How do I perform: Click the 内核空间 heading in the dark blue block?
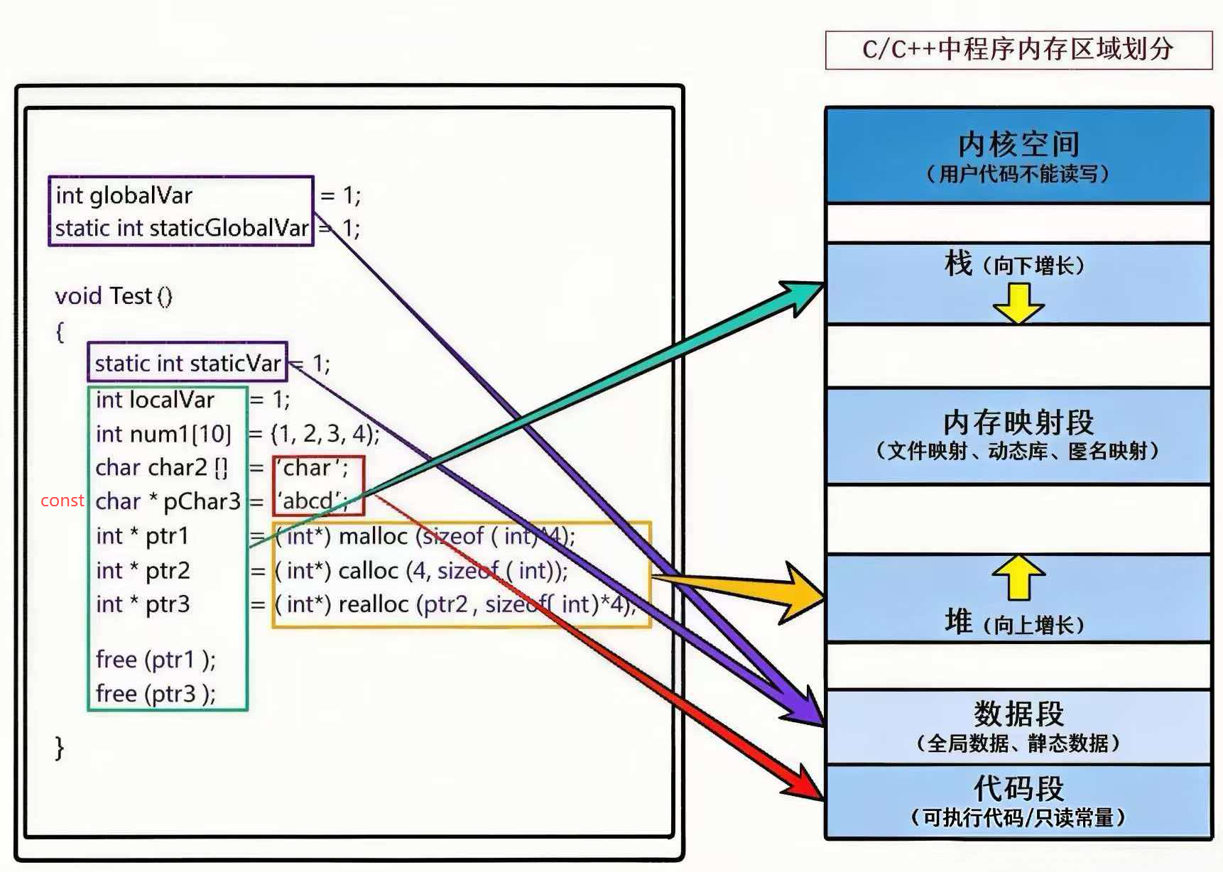pos(1018,144)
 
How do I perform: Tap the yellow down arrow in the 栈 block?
pos(1018,303)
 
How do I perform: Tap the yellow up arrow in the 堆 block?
pos(1018,576)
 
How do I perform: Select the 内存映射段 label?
pos(1018,423)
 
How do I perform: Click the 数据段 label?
pos(1018,713)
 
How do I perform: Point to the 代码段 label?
pos(1018,788)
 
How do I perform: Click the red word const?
pos(62,501)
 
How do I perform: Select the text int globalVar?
pos(124,195)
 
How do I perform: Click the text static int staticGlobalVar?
pos(182,228)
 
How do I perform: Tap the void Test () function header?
pos(114,295)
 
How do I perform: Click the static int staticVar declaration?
pos(187,364)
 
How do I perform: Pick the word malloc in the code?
pos(373,536)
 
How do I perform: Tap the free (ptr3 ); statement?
pos(156,693)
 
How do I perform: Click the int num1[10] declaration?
pos(163,433)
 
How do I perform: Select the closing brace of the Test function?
pos(60,747)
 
